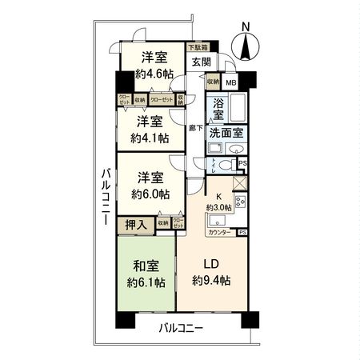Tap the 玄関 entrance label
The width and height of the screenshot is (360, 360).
point(200,62)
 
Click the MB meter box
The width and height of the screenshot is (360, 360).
point(230,82)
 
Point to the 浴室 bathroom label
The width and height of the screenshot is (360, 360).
point(218,109)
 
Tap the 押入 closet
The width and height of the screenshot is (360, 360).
point(136,225)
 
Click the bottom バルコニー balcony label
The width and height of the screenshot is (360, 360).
point(180,328)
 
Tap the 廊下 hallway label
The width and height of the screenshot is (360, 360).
point(195,127)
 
